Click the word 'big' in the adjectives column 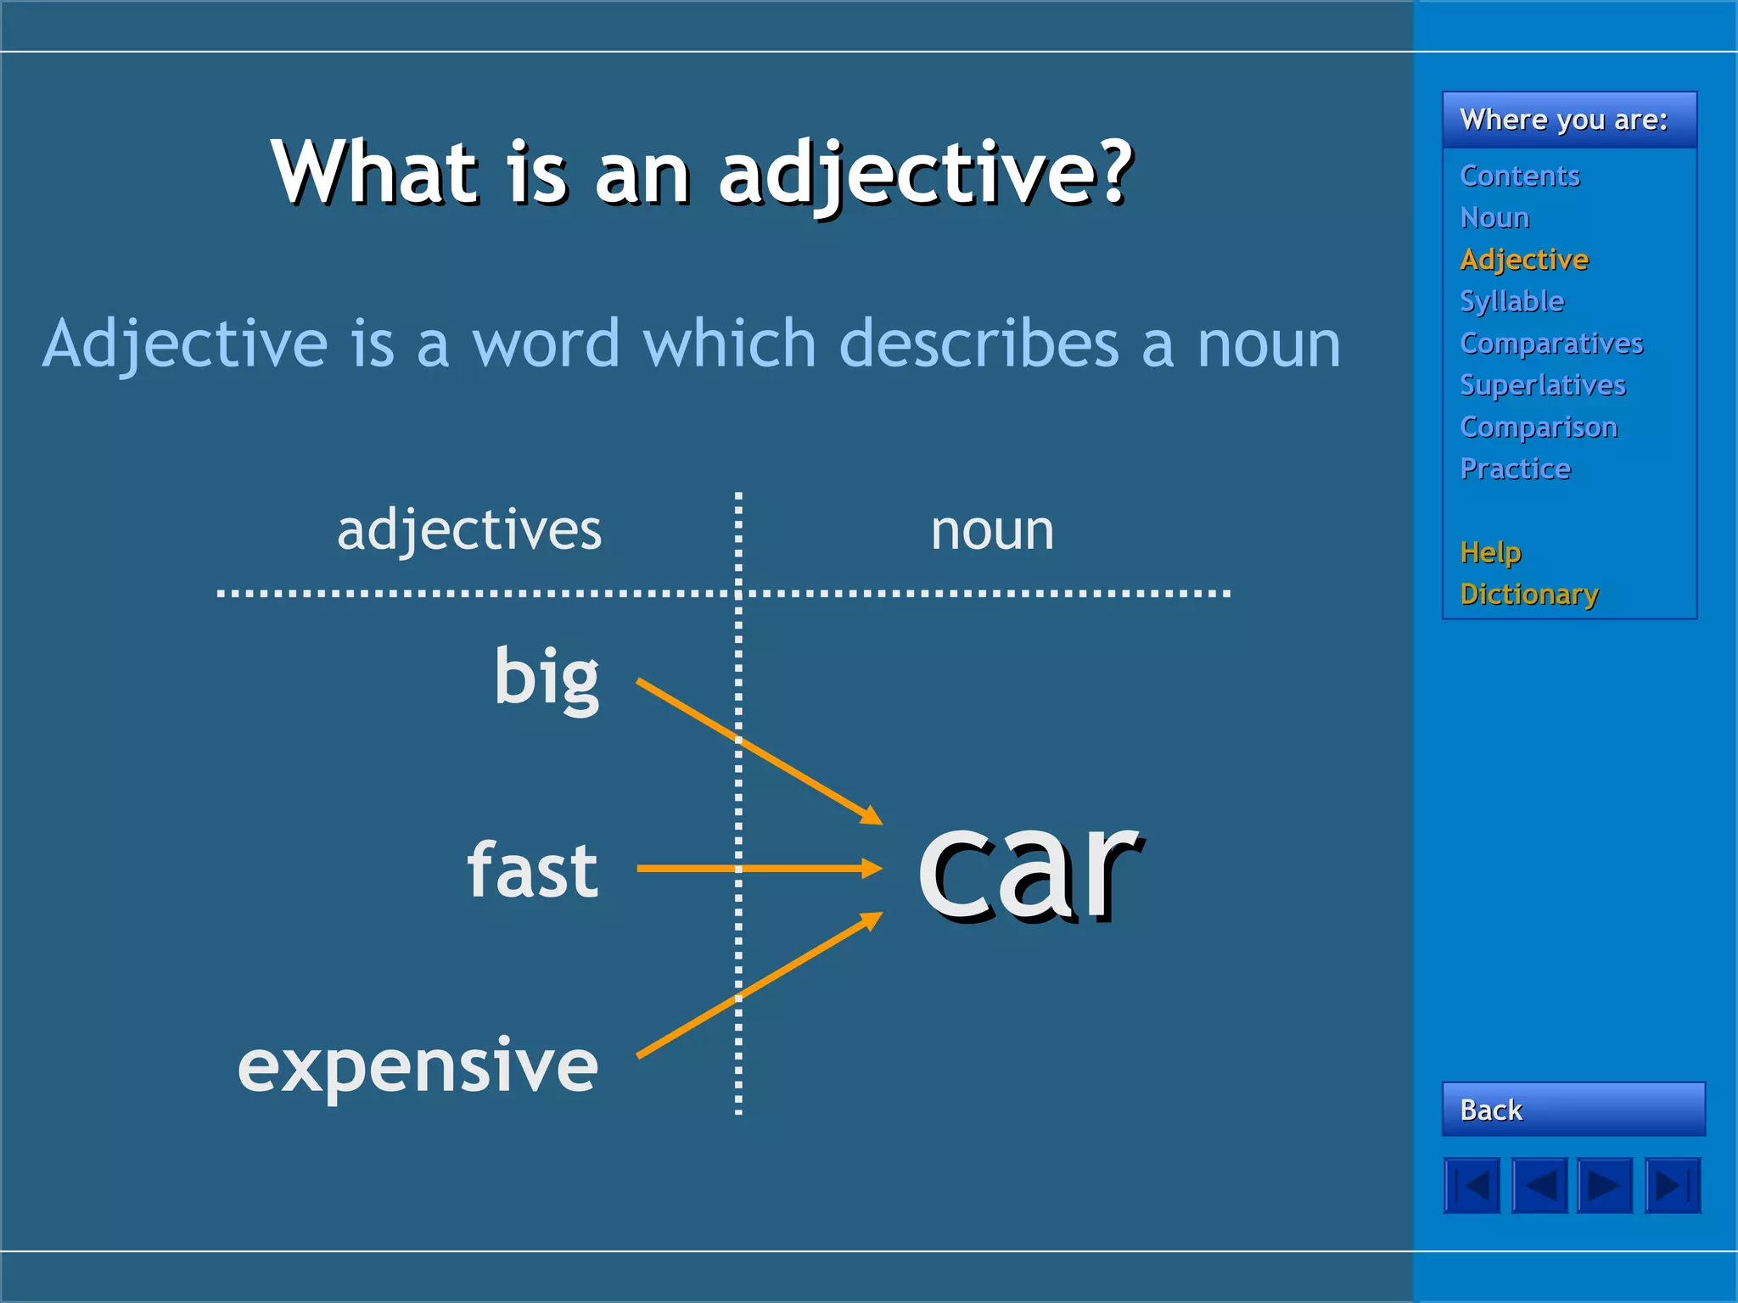click(547, 677)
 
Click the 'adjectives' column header click(469, 530)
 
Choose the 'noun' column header click(992, 531)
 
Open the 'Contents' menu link click(1520, 176)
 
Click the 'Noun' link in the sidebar click(1494, 218)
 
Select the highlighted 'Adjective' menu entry click(1524, 260)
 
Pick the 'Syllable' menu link click(1511, 301)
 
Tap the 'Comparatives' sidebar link click(1551, 343)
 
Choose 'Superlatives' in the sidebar click(1543, 385)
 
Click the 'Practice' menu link click(1516, 468)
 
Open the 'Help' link click(1491, 552)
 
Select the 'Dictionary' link click(1529, 594)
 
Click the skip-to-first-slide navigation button click(1472, 1185)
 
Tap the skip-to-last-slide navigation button click(1673, 1185)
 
